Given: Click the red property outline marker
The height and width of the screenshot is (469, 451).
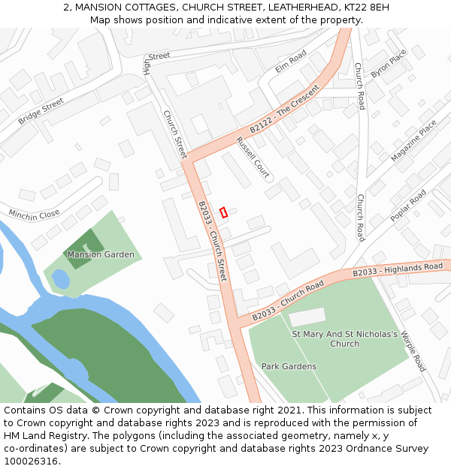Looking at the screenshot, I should tap(222, 212).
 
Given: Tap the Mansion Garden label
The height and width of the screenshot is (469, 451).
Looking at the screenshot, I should tap(101, 254).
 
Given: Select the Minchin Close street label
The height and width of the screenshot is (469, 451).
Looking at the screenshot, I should tap(34, 215).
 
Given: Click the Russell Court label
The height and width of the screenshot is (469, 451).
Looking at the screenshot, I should tap(253, 157).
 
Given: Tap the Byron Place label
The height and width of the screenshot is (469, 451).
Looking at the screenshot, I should tap(388, 63).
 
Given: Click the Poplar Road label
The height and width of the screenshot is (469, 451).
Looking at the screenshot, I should tap(407, 205).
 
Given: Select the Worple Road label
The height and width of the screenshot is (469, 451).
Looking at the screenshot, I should tap(413, 350).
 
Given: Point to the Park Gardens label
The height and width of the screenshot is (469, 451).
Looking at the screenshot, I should tap(289, 366).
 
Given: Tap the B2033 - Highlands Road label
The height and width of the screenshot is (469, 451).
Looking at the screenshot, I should tap(398, 269).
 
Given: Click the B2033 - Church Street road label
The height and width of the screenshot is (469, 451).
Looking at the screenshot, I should tap(212, 241).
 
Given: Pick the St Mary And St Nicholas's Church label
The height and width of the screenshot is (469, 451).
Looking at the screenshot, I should tap(344, 338).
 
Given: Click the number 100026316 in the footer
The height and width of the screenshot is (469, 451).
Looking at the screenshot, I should tap(31, 461).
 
